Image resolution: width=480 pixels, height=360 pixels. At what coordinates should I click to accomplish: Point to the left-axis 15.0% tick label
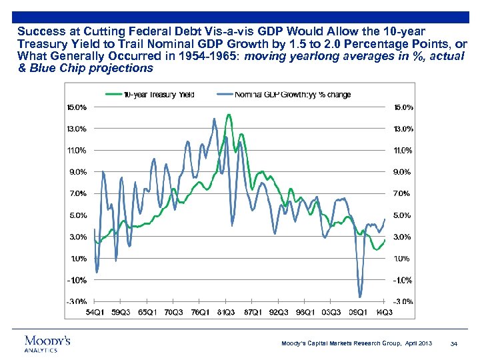tap(75, 107)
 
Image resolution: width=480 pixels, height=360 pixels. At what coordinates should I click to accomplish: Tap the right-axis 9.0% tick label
tap(403, 172)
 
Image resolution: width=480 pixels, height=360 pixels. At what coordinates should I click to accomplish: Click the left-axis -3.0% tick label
tap(75, 302)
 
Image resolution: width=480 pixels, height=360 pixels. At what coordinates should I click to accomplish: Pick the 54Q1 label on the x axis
tap(95, 311)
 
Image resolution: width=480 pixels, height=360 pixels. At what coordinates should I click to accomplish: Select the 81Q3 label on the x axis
tap(225, 311)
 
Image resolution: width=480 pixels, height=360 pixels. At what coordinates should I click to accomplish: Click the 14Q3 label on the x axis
tap(384, 311)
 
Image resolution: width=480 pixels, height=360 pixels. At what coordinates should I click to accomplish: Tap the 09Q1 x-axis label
tap(358, 311)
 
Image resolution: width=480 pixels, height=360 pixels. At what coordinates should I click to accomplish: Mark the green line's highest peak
tap(229, 115)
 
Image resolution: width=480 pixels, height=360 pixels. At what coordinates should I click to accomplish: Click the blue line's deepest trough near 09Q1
tap(360, 297)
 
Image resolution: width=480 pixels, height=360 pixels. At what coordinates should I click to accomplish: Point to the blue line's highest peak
tap(214, 119)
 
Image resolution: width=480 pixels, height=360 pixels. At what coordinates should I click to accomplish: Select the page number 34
tap(453, 343)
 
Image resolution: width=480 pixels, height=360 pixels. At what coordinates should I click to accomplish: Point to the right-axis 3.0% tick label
tap(403, 237)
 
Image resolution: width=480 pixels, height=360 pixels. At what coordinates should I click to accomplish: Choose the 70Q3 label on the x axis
tap(173, 311)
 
